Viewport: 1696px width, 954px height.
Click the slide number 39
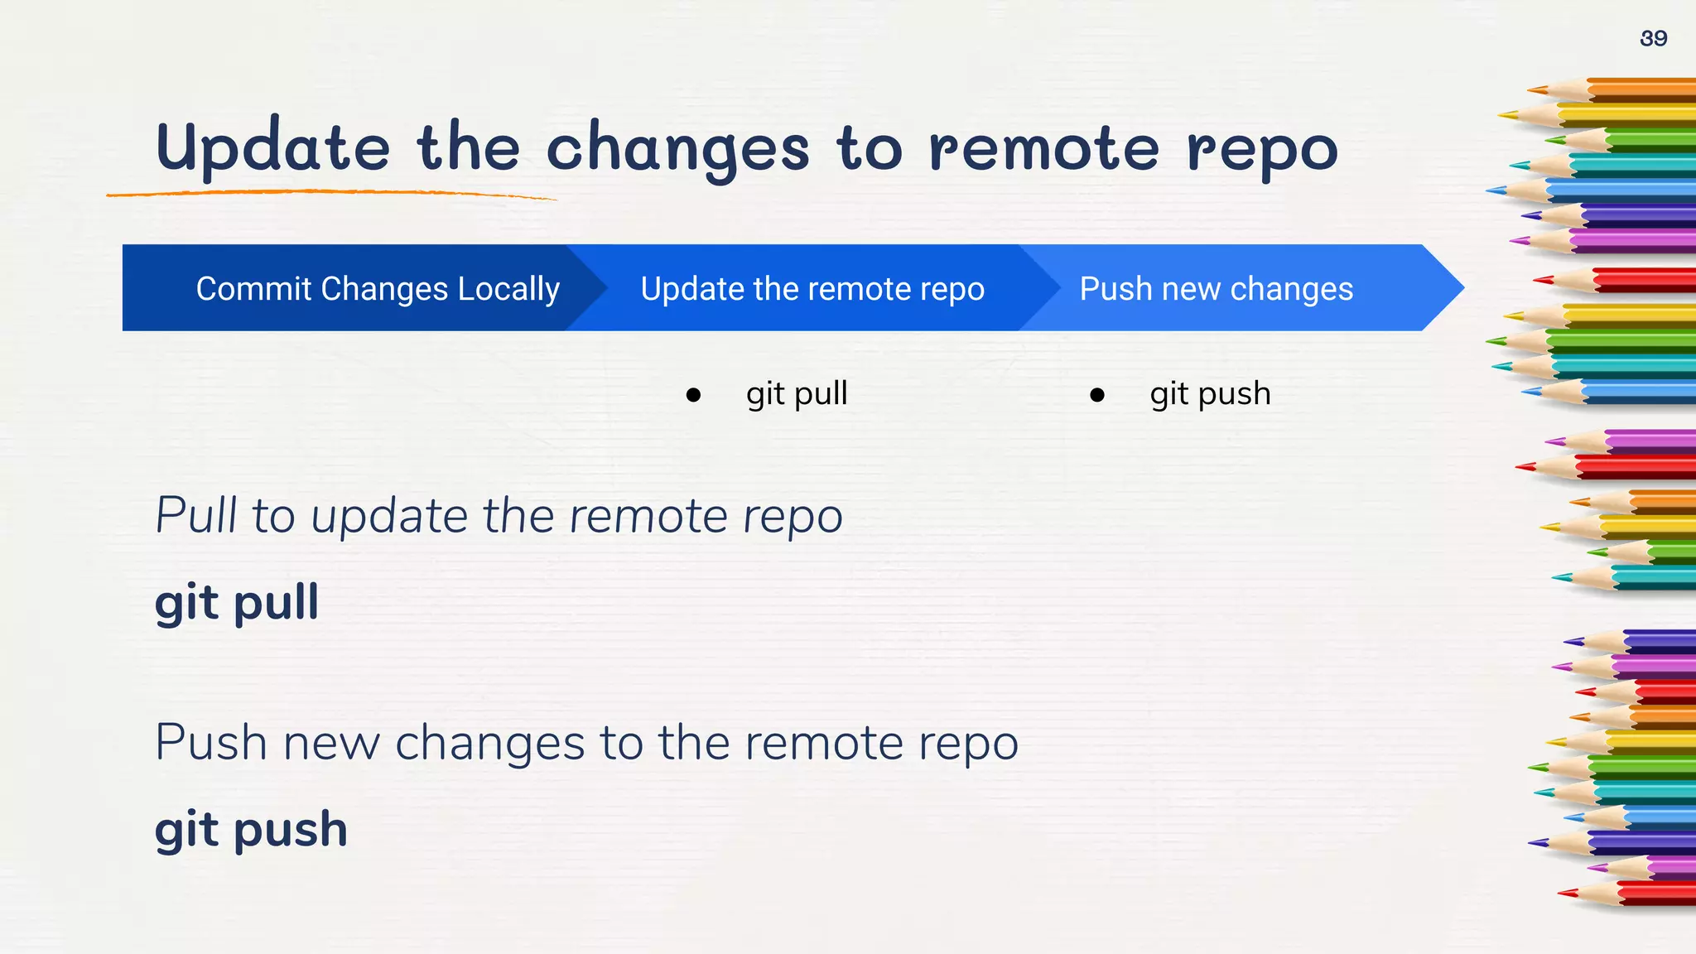(x=1653, y=38)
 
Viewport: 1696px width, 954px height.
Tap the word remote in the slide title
(x=1043, y=149)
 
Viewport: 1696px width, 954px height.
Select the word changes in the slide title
(x=677, y=149)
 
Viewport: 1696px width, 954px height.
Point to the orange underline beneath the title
(x=331, y=193)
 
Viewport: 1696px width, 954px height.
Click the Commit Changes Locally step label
(x=378, y=289)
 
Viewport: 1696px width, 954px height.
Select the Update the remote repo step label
(x=812, y=289)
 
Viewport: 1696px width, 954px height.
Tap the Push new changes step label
(x=1216, y=289)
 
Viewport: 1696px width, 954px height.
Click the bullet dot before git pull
(x=693, y=395)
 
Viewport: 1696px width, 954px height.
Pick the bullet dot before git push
(x=1097, y=395)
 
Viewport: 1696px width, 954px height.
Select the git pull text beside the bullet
(x=797, y=394)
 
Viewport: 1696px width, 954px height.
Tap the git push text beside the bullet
(x=1210, y=394)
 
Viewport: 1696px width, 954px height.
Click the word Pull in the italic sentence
(x=196, y=515)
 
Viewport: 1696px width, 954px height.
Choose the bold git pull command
(x=237, y=603)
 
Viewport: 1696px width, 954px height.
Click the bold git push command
(x=251, y=830)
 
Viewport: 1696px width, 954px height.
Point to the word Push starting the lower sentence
(x=211, y=742)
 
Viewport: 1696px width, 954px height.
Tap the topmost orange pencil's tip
(x=1532, y=89)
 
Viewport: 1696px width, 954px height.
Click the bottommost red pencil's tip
(x=1562, y=893)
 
